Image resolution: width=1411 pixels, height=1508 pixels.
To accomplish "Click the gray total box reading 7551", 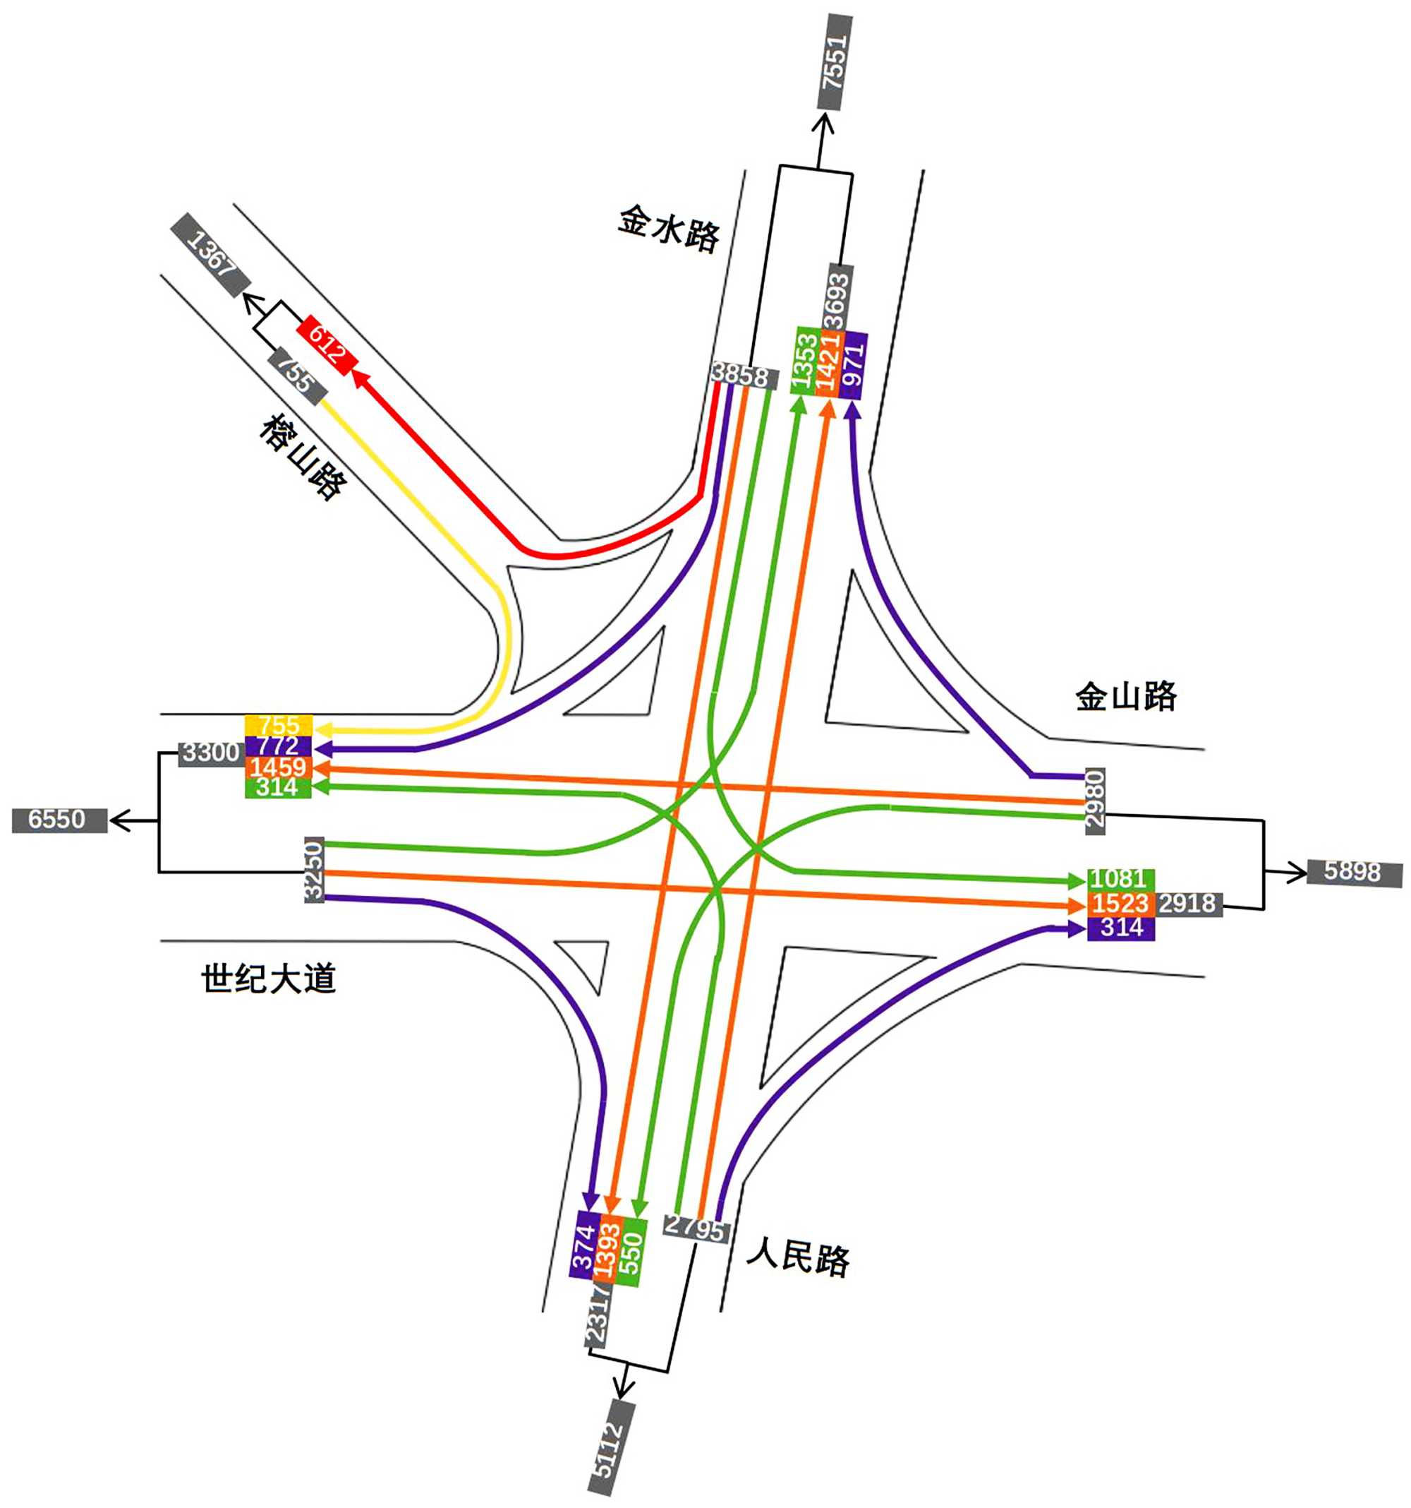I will pos(834,62).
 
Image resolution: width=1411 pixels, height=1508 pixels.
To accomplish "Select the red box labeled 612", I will pos(327,346).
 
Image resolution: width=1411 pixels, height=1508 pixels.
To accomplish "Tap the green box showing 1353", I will pos(805,360).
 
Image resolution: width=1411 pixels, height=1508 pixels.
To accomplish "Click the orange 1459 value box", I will pos(278,766).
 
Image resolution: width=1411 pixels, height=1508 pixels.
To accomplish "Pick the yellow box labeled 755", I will pos(278,725).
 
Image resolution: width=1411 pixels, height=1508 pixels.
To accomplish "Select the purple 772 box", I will pos(278,746).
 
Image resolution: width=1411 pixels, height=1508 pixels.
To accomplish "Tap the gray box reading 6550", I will pos(59,820).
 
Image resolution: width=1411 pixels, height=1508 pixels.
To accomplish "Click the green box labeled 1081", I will pos(1120,879).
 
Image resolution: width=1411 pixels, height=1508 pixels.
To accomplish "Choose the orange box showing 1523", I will pos(1120,904).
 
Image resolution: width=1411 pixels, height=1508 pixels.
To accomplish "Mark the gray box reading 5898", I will pos(1354,872).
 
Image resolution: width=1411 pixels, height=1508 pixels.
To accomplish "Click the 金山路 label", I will pos(1126,695).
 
